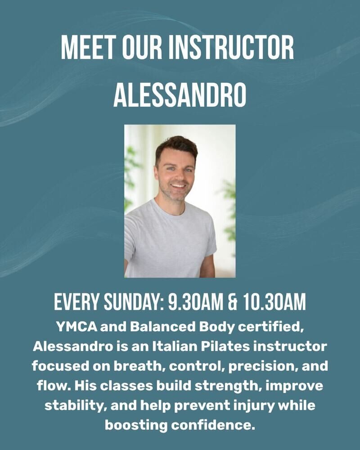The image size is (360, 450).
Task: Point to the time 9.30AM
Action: tap(195, 302)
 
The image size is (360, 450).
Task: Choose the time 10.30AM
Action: tap(274, 302)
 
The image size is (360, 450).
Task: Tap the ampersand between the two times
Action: tap(233, 302)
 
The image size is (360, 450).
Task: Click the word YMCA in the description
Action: tap(76, 327)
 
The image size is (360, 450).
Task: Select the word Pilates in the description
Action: tap(225, 346)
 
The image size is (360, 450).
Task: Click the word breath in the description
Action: tap(139, 366)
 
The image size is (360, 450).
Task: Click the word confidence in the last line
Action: tap(213, 425)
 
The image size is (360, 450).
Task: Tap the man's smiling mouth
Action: tap(178, 186)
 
